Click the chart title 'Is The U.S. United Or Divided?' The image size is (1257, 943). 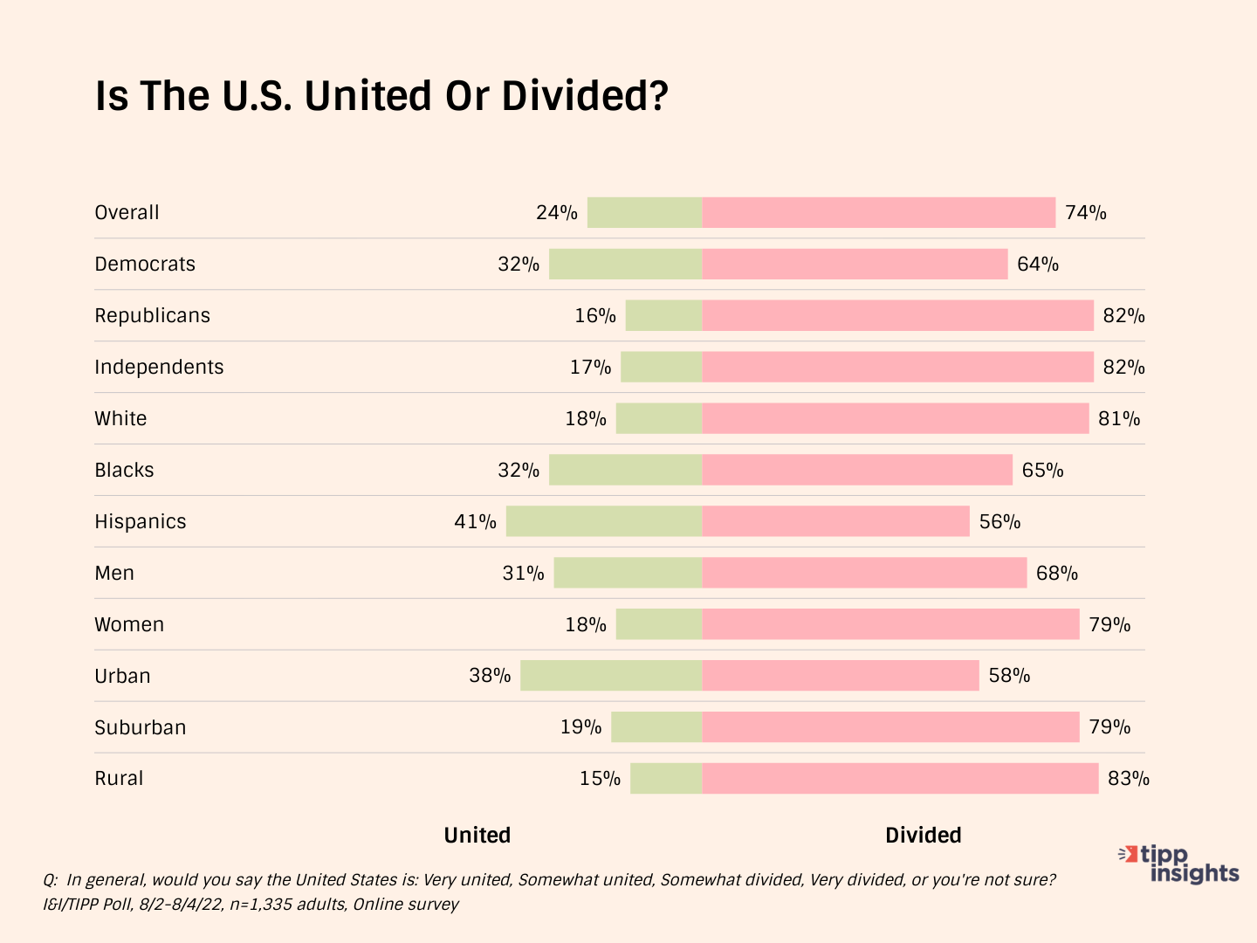tap(381, 96)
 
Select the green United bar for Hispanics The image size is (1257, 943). tap(604, 521)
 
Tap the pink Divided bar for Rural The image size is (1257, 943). tap(900, 778)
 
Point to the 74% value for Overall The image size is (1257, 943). tap(1086, 212)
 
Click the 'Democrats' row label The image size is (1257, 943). tap(145, 264)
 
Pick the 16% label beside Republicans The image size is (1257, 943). tap(595, 315)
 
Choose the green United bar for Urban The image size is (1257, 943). tap(611, 675)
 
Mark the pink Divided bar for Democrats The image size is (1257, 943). tap(855, 264)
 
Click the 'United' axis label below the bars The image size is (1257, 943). tap(477, 835)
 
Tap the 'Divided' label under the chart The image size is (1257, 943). tap(924, 835)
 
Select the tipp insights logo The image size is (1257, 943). tap(1180, 864)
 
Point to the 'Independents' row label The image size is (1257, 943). tap(159, 367)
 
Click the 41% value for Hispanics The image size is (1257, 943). tap(475, 521)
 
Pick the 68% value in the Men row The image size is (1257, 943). tap(1057, 573)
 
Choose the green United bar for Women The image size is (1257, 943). tap(659, 624)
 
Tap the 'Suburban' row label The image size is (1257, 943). tap(141, 727)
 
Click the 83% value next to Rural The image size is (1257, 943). tap(1129, 778)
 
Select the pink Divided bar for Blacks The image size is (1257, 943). tap(857, 470)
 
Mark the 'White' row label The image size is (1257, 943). tap(120, 418)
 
